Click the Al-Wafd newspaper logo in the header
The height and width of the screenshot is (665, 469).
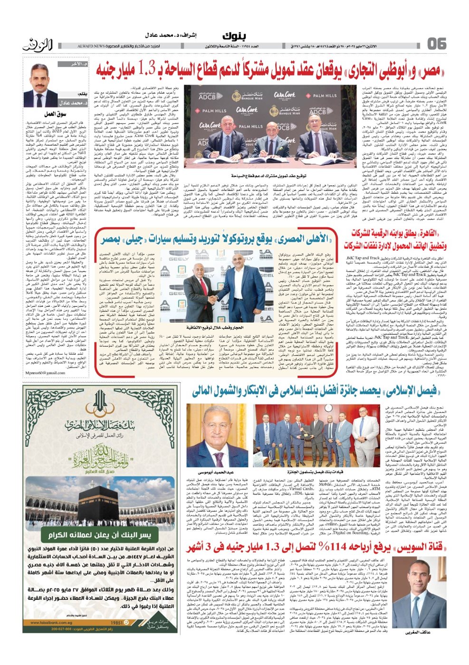coord(36,45)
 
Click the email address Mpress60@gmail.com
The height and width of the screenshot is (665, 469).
coord(43,373)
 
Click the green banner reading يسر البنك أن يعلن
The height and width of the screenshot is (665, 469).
coord(100,535)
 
